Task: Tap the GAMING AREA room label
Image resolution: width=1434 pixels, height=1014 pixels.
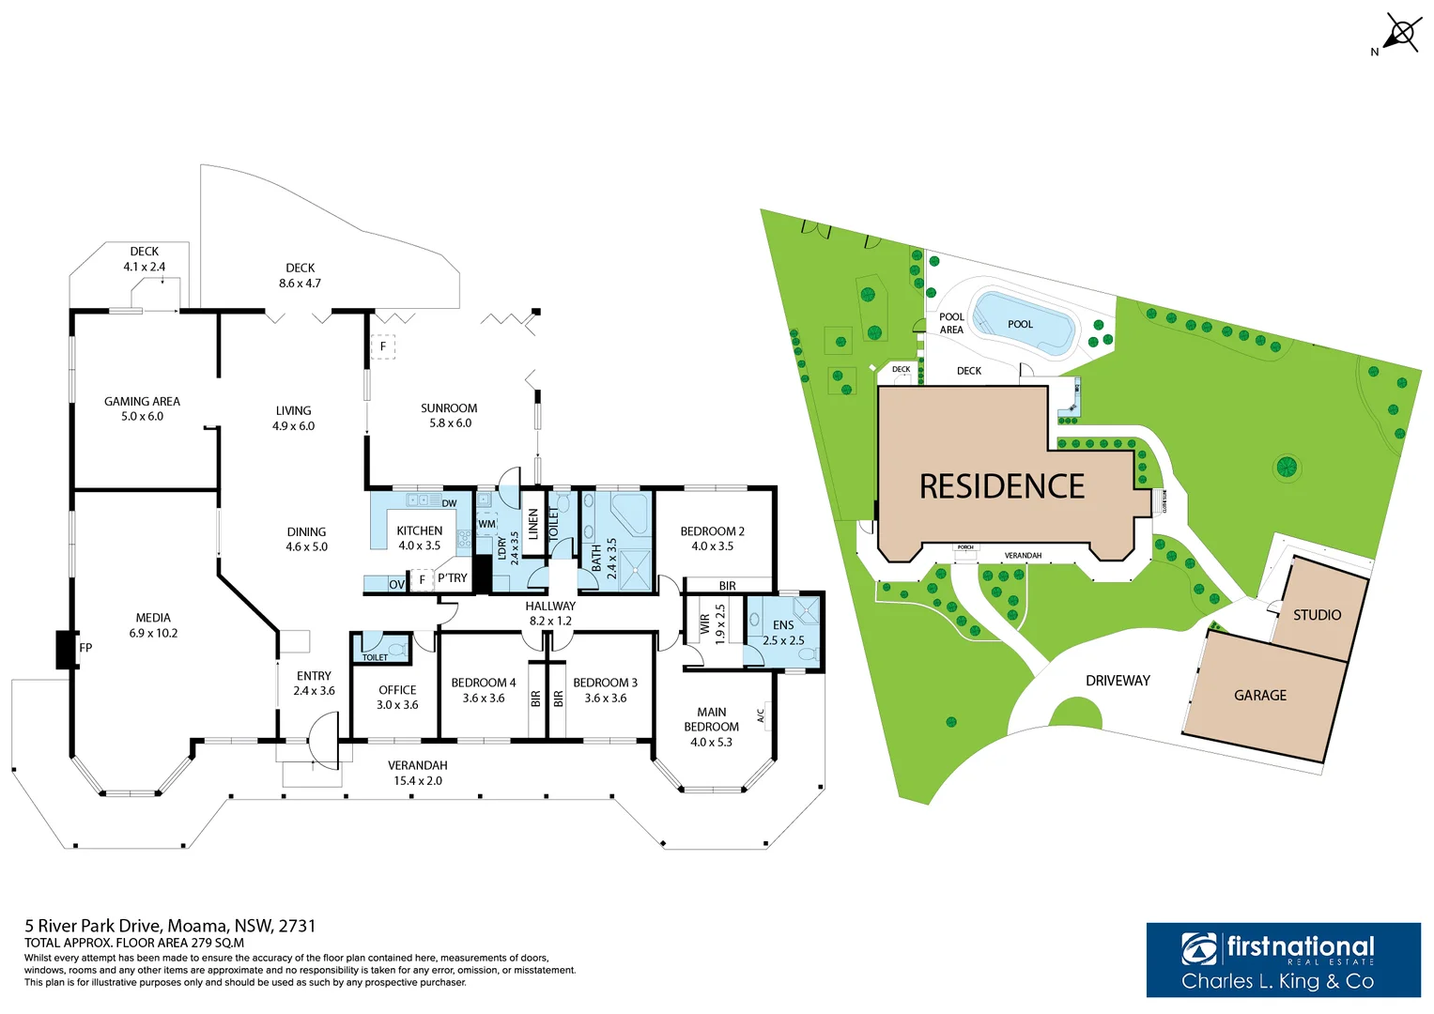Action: pos(142,402)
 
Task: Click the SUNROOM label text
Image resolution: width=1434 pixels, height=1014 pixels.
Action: pos(449,408)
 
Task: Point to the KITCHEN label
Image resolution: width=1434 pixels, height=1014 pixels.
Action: pos(419,530)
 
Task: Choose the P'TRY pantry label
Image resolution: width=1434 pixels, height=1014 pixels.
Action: pos(452,578)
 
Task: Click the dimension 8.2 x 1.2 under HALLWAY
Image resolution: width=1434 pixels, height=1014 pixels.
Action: pos(550,621)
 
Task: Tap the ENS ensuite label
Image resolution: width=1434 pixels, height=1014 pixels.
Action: pos(783,625)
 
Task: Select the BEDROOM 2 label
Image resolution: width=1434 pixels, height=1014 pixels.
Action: pos(712,531)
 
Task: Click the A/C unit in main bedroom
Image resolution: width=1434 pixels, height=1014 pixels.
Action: pos(767,715)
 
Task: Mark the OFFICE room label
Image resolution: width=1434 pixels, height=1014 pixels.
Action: pos(397,690)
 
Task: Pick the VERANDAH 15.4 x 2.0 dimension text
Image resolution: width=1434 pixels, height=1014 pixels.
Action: pos(418,780)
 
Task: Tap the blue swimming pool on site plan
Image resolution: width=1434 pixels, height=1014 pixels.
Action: pos(1023,324)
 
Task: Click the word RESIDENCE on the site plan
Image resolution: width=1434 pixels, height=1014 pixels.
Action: pos(1001,486)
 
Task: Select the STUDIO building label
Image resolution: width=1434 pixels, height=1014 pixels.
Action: pos(1317,615)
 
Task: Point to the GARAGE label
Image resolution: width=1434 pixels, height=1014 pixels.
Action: pos(1260,696)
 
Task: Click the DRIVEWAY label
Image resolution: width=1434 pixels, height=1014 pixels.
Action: pos(1118,681)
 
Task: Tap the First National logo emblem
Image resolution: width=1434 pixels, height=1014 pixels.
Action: pos(1199,949)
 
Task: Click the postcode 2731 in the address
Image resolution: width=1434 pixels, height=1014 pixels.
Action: pos(297,926)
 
